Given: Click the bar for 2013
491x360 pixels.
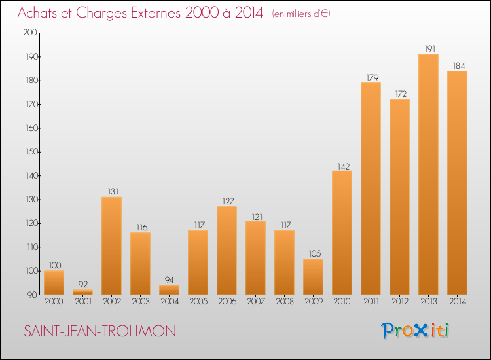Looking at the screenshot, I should tap(428, 174).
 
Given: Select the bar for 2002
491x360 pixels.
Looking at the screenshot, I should tap(111, 245).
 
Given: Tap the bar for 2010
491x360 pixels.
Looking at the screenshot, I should tap(342, 232).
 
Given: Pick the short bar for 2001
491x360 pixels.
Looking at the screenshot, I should tap(82, 292).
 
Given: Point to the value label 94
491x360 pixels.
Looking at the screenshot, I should tap(169, 279).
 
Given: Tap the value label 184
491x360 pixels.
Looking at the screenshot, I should tap(457, 65).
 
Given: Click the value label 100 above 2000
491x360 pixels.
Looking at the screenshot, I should tap(54, 265).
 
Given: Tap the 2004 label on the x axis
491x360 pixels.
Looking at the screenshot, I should tap(169, 302).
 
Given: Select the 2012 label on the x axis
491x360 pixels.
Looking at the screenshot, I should tap(399, 302).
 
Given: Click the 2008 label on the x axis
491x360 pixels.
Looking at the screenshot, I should tap(284, 302).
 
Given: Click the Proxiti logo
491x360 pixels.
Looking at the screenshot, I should tap(416, 331).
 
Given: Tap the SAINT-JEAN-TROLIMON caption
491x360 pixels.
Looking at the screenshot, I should tap(100, 331).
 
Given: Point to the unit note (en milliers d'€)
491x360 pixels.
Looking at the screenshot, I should tap(301, 14).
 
